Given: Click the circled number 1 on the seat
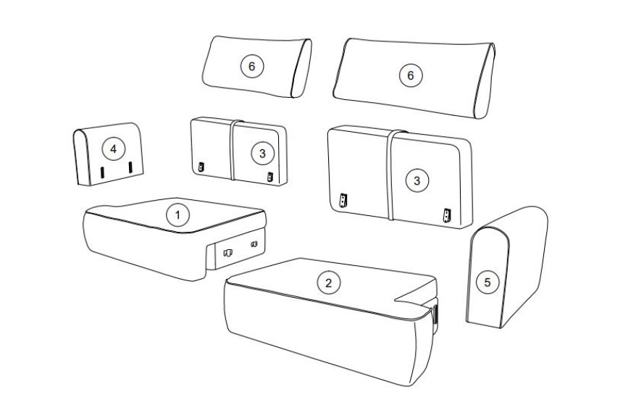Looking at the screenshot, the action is click(x=177, y=215).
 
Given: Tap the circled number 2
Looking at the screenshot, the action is click(x=329, y=283).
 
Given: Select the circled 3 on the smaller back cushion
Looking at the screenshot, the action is click(x=262, y=153).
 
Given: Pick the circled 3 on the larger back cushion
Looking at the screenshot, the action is click(x=417, y=181).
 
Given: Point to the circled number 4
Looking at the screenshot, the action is click(x=114, y=149).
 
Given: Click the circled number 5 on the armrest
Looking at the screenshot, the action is click(x=487, y=283).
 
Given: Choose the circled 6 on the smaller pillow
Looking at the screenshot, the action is click(x=252, y=66).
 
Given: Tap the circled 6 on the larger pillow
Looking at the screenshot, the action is click(x=411, y=75).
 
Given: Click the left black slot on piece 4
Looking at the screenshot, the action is click(x=101, y=172).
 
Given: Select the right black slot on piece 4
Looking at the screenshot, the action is click(x=130, y=167).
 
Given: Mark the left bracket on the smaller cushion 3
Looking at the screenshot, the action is click(x=201, y=167).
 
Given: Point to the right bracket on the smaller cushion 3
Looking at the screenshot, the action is click(x=271, y=177).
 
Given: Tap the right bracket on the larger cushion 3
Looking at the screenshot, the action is click(x=448, y=215).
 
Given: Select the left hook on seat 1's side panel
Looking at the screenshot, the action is click(x=228, y=252).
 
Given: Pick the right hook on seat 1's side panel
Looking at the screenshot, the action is click(x=254, y=243).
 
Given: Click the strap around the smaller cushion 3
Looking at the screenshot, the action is click(x=231, y=150).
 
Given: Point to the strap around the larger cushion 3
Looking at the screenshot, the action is click(x=390, y=175).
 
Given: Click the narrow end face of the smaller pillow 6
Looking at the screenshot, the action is click(x=301, y=68).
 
